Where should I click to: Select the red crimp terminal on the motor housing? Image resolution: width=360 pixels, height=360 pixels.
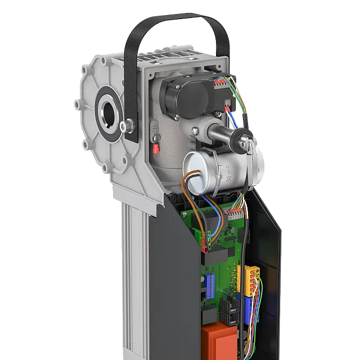pyautogui.click(x=154, y=149)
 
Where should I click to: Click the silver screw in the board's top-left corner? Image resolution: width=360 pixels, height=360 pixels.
pyautogui.click(x=183, y=214)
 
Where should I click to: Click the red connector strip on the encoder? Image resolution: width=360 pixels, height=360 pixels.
pyautogui.click(x=220, y=83)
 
